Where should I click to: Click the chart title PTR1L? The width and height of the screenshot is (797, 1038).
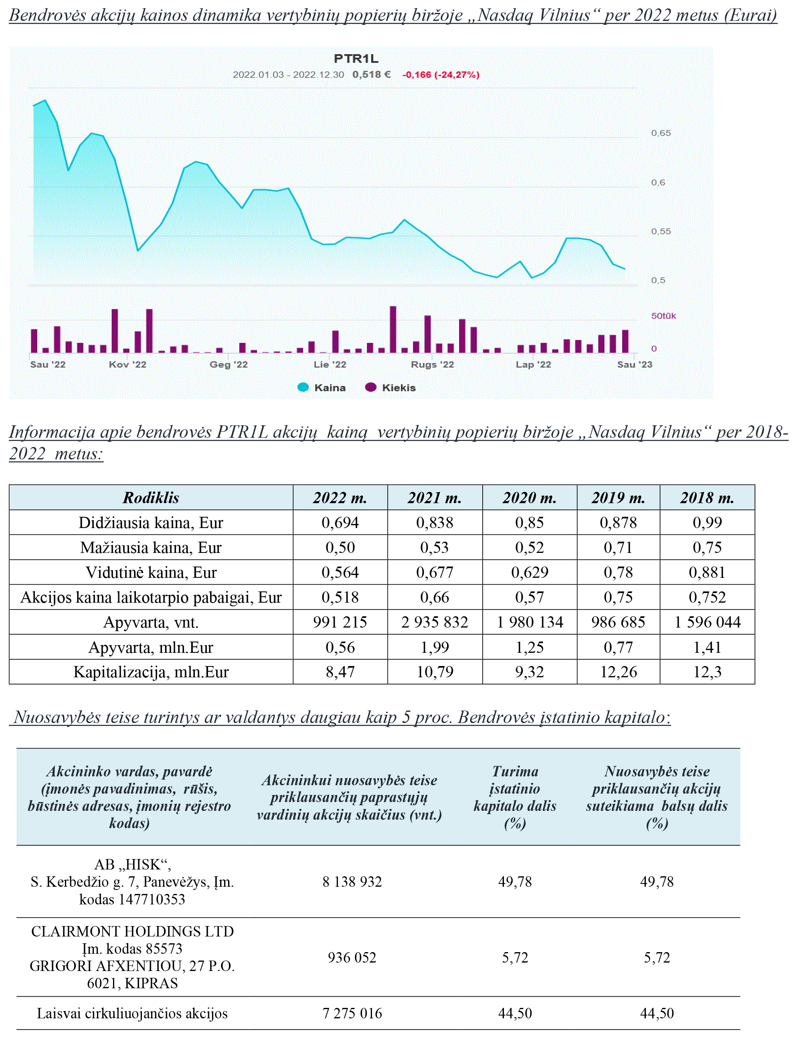[356, 59]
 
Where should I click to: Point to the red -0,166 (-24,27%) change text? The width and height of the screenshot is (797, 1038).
[441, 75]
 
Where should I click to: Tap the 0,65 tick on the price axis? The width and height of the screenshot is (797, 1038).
[661, 133]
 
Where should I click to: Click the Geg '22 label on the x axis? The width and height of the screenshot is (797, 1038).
[229, 364]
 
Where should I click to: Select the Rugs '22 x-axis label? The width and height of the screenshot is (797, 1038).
[432, 364]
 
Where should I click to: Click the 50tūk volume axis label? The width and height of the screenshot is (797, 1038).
[663, 316]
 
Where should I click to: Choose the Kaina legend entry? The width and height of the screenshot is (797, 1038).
[322, 388]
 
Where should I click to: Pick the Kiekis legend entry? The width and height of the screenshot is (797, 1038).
[390, 388]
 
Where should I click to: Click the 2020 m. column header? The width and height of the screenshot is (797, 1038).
[530, 498]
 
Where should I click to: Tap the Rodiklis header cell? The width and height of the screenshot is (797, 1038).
[151, 498]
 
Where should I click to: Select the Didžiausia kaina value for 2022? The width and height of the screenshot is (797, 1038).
[340, 522]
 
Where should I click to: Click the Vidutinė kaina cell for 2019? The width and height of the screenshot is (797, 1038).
[618, 572]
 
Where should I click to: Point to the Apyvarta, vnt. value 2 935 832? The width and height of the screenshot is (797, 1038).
[435, 622]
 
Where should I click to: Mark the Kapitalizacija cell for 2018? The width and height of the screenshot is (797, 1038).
[707, 672]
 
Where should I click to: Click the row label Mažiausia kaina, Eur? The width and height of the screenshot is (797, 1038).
[151, 548]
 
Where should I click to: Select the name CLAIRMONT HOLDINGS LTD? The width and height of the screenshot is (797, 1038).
[132, 931]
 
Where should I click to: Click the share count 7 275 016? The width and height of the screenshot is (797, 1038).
[352, 1013]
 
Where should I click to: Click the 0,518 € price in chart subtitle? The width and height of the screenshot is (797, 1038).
[372, 75]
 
